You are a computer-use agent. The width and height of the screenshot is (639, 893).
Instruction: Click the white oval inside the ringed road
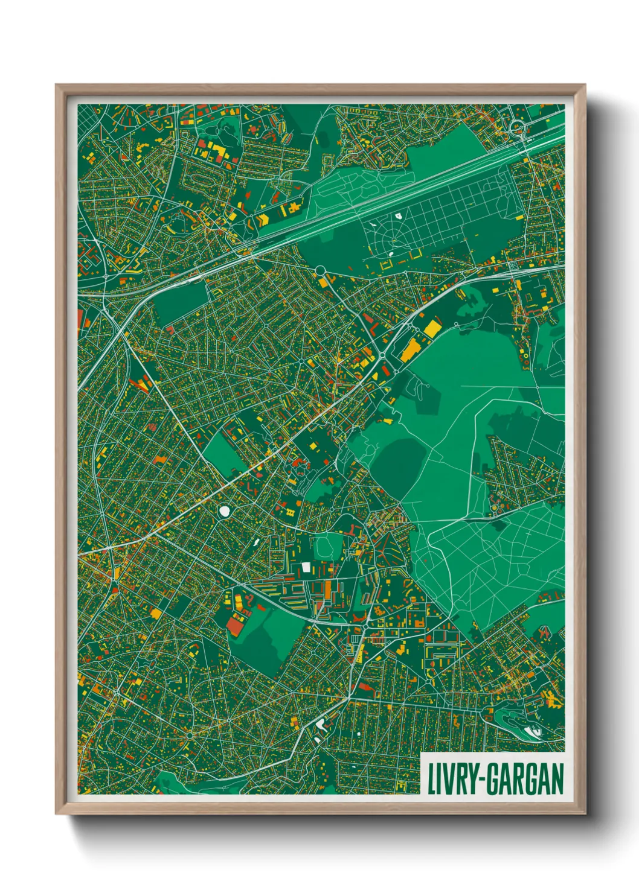coord(225,512)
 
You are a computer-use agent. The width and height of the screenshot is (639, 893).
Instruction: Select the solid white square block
coord(306,567)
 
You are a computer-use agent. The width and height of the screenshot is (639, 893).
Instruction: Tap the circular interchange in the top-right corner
coord(516,127)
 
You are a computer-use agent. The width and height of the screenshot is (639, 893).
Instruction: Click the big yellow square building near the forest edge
coord(433,328)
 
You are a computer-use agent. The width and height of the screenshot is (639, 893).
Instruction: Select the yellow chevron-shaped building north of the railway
coord(263,220)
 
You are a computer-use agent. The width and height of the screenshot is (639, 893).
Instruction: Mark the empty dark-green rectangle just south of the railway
coord(179,304)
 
